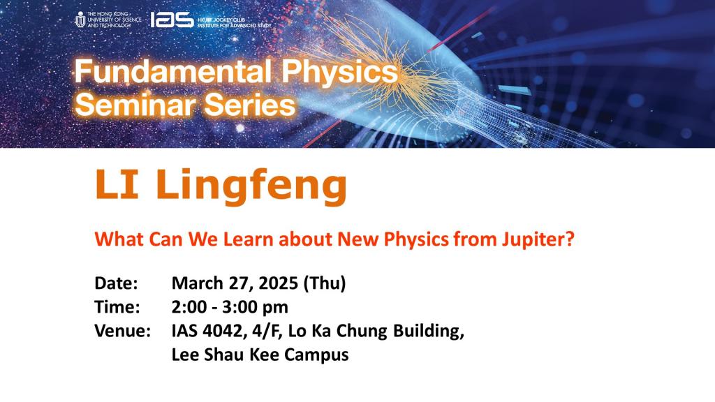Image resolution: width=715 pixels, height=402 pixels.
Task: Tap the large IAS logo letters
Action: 172,20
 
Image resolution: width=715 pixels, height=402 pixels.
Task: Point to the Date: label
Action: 117,284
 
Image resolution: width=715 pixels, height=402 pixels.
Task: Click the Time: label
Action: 117,308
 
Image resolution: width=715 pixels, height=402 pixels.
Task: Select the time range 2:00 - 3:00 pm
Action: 229,308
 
